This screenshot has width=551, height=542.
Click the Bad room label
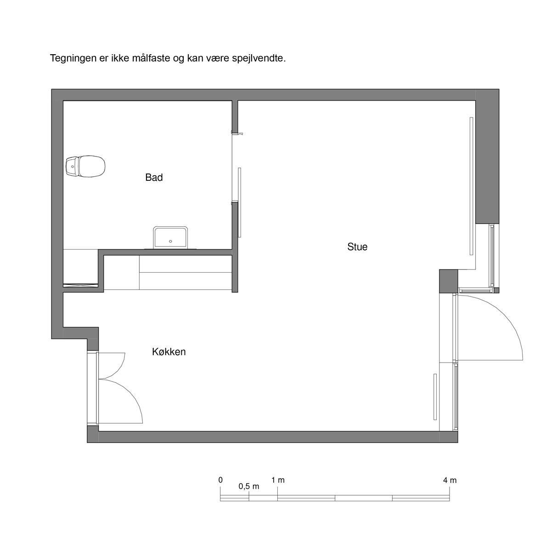(154, 178)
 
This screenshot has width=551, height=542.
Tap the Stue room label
(357, 247)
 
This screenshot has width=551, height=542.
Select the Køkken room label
(169, 352)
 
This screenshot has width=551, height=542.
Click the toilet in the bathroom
(85, 166)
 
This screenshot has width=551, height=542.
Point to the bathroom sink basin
(170, 238)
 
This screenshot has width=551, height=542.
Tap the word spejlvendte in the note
(259, 59)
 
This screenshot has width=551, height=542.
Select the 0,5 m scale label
(249, 486)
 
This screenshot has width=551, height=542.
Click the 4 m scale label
(450, 480)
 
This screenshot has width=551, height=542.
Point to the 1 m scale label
(278, 480)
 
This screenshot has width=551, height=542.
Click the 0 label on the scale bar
(220, 480)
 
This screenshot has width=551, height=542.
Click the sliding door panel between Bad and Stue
(240, 202)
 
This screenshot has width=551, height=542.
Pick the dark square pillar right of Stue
(448, 281)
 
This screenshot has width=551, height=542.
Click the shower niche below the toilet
(81, 268)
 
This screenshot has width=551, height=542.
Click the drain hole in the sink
(171, 241)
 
